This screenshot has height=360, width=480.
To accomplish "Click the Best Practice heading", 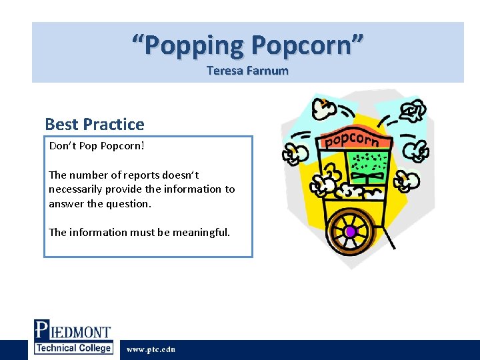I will point(94,124).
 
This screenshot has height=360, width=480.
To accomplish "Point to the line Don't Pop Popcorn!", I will point(97,146).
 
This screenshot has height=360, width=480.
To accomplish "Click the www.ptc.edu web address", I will point(151,349).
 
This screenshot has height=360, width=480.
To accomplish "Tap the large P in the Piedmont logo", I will point(42,331).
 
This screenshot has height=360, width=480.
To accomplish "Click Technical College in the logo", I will point(73,348).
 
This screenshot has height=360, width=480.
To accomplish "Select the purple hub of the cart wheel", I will point(350,231).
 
